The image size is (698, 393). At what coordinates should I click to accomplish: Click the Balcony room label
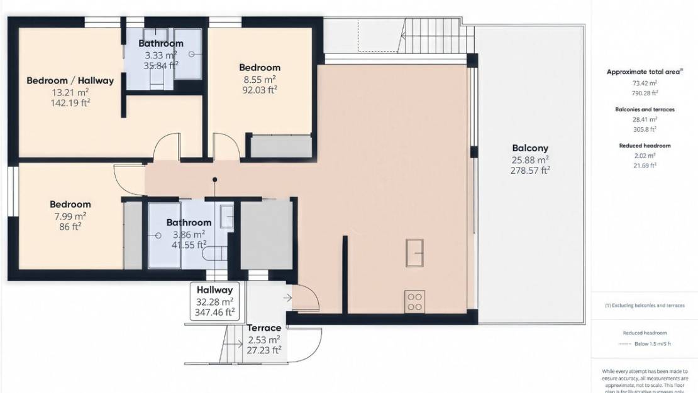pos(530,148)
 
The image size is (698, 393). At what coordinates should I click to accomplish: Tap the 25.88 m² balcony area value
pos(530,159)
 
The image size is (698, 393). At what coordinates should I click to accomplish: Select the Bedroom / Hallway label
pos(70,80)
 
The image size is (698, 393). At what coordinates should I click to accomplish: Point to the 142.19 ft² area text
pos(70,102)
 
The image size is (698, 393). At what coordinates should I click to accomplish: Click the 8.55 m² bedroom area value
pos(259,79)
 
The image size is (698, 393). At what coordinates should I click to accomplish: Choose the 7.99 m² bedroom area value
pos(70,215)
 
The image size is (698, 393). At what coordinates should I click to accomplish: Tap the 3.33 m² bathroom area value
pos(161,55)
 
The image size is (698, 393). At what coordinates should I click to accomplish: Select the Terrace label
pos(263,328)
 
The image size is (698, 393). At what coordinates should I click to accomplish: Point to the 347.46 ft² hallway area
pos(215,311)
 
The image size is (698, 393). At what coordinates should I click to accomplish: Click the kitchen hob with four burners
pos(414,301)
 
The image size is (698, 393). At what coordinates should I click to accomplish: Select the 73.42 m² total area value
pos(645,83)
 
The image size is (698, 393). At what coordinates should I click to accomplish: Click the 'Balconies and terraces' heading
pos(645,109)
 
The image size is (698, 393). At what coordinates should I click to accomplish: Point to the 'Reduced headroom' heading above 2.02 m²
pos(645,146)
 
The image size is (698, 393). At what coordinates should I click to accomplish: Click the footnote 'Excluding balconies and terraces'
pos(645,306)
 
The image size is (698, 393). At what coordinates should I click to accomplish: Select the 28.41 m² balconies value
pos(645,119)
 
